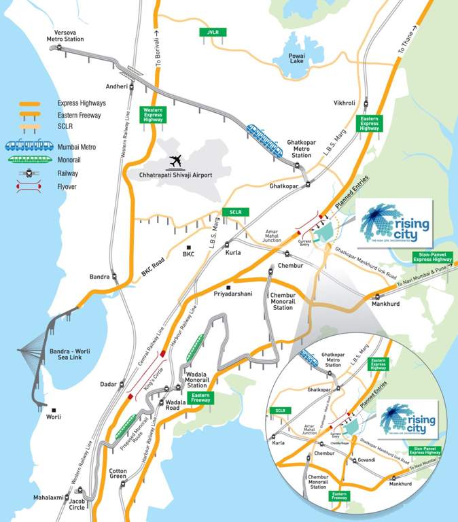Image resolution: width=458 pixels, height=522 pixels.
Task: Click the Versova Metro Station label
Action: pyautogui.click(x=65, y=35)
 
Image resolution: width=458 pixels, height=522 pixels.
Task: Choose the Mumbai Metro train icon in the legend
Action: pyautogui.click(x=27, y=145)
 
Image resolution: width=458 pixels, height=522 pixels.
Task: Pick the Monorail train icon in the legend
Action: pyautogui.click(x=27, y=159)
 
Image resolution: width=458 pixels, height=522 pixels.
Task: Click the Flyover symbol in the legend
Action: pyautogui.click(x=27, y=186)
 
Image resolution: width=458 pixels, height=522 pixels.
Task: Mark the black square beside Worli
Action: pyautogui.click(x=54, y=410)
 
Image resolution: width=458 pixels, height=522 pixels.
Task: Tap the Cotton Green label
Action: pyautogui.click(x=119, y=474)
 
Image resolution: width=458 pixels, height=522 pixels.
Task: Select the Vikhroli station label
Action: pyautogui.click(x=345, y=103)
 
